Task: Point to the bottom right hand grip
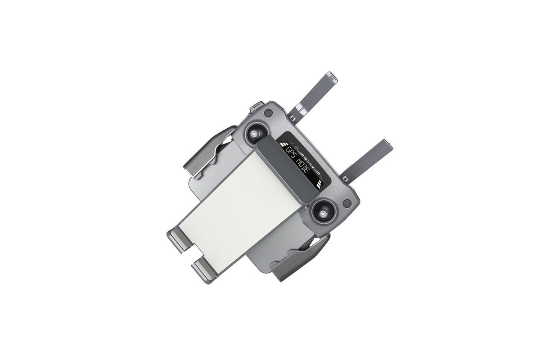coord(306,261)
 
